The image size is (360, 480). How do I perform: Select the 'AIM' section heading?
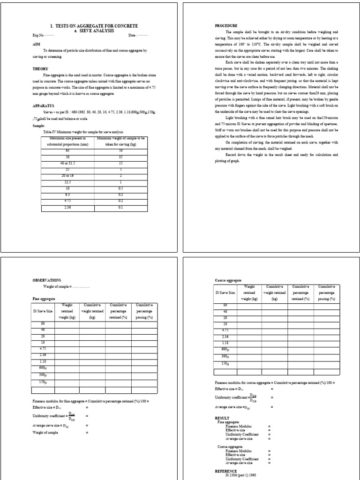point(36,44)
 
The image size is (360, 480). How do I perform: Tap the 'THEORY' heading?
point(40,68)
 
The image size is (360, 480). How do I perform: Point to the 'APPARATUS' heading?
point(44,106)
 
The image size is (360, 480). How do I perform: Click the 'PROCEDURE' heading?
point(226,25)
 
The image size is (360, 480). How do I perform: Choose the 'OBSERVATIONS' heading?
point(46,280)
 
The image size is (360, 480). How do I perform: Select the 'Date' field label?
point(133,35)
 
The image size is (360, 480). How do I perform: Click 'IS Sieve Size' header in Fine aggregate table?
point(43,311)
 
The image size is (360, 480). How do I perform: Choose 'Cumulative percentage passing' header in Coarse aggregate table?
point(326,292)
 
